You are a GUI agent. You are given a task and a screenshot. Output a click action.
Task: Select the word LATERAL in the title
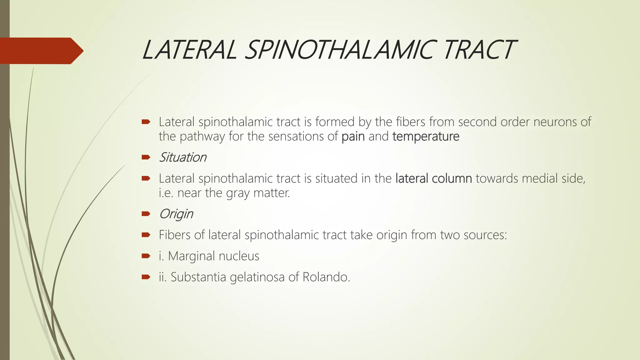[189, 50]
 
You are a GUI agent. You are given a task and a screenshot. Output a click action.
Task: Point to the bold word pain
[353, 137]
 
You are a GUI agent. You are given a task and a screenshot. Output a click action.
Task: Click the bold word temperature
[426, 137]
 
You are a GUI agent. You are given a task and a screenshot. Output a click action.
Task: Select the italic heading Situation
[183, 157]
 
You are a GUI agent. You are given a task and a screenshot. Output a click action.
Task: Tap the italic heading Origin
[176, 214]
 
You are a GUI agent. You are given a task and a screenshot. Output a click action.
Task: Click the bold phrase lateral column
[433, 178]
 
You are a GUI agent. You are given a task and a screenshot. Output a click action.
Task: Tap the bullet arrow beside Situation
[146, 157]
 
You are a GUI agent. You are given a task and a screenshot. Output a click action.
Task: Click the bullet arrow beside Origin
[146, 214]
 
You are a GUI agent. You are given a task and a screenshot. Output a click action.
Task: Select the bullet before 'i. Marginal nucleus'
[146, 256]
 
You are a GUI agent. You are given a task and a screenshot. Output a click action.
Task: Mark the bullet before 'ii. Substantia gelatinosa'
[146, 277]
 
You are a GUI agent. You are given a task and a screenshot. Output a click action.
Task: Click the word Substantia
[198, 277]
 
